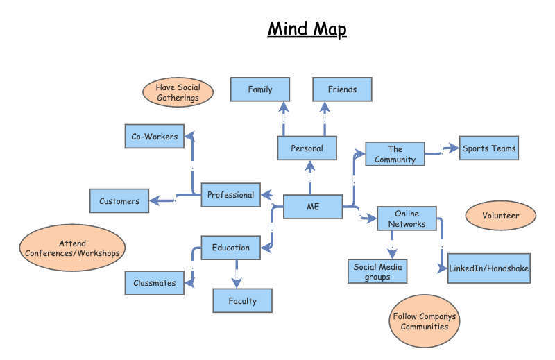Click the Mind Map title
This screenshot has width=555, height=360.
coord(307,29)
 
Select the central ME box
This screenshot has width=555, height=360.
coord(313,206)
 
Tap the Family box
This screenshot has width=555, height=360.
coord(260,89)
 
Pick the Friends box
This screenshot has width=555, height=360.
coord(342,89)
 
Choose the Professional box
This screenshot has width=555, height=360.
coord(230,195)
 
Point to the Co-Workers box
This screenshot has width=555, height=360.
coord(154,137)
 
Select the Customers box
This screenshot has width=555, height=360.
coord(119,201)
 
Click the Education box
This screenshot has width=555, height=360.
coord(230,248)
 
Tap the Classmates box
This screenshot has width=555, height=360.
coord(155,283)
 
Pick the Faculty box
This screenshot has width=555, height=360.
coord(242,301)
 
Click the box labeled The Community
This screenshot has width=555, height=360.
coord(395,154)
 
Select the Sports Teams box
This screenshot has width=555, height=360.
coord(489,148)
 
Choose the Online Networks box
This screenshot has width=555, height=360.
coord(407,218)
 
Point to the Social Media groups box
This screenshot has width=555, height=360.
coord(377,271)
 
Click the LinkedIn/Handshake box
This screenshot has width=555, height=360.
coord(489,268)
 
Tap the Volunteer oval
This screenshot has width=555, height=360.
coord(501,216)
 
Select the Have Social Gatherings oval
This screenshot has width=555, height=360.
coord(178,92)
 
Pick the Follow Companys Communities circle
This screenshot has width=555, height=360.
coord(425,321)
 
